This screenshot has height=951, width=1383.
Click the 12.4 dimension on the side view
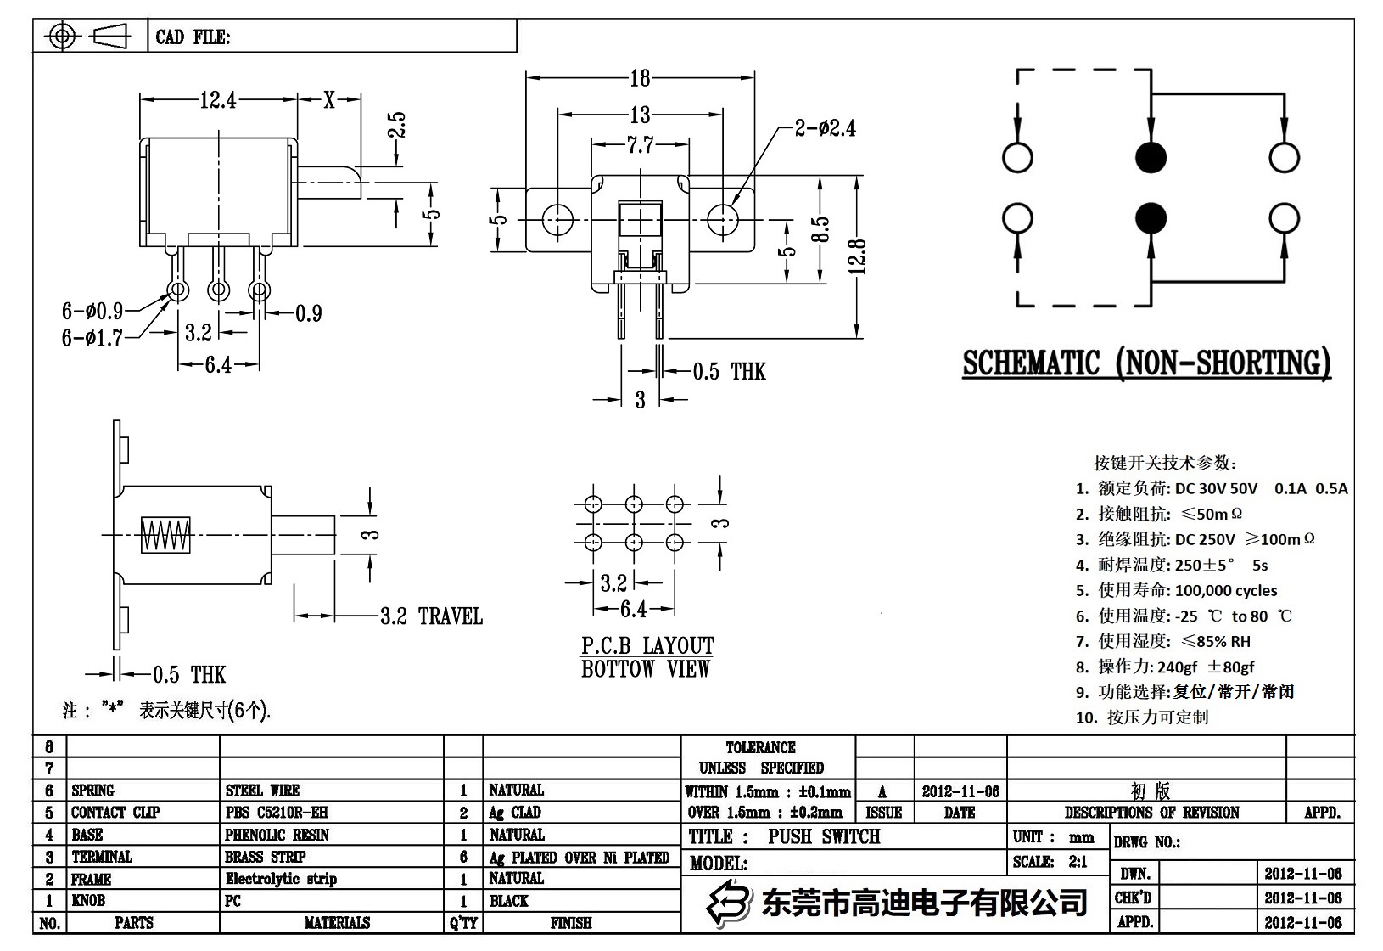tap(217, 100)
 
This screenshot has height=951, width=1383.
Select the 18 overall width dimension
tap(640, 78)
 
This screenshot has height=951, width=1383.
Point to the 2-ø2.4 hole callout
tap(825, 128)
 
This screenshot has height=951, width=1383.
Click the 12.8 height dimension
tap(859, 256)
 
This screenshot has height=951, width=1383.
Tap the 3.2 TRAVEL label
tap(430, 616)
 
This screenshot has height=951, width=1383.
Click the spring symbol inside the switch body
tap(165, 535)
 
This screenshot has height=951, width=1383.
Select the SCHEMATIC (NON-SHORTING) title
tap(1146, 363)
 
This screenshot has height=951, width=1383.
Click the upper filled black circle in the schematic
tap(1151, 157)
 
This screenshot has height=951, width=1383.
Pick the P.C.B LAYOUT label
tap(647, 645)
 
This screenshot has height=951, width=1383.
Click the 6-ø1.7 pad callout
tap(92, 338)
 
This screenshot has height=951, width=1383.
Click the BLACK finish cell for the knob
tap(508, 901)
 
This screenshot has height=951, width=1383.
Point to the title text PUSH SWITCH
tap(824, 836)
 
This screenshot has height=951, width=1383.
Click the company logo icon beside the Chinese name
tap(730, 903)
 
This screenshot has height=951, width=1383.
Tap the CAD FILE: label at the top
tap(193, 37)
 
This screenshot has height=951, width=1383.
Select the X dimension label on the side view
tap(329, 100)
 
